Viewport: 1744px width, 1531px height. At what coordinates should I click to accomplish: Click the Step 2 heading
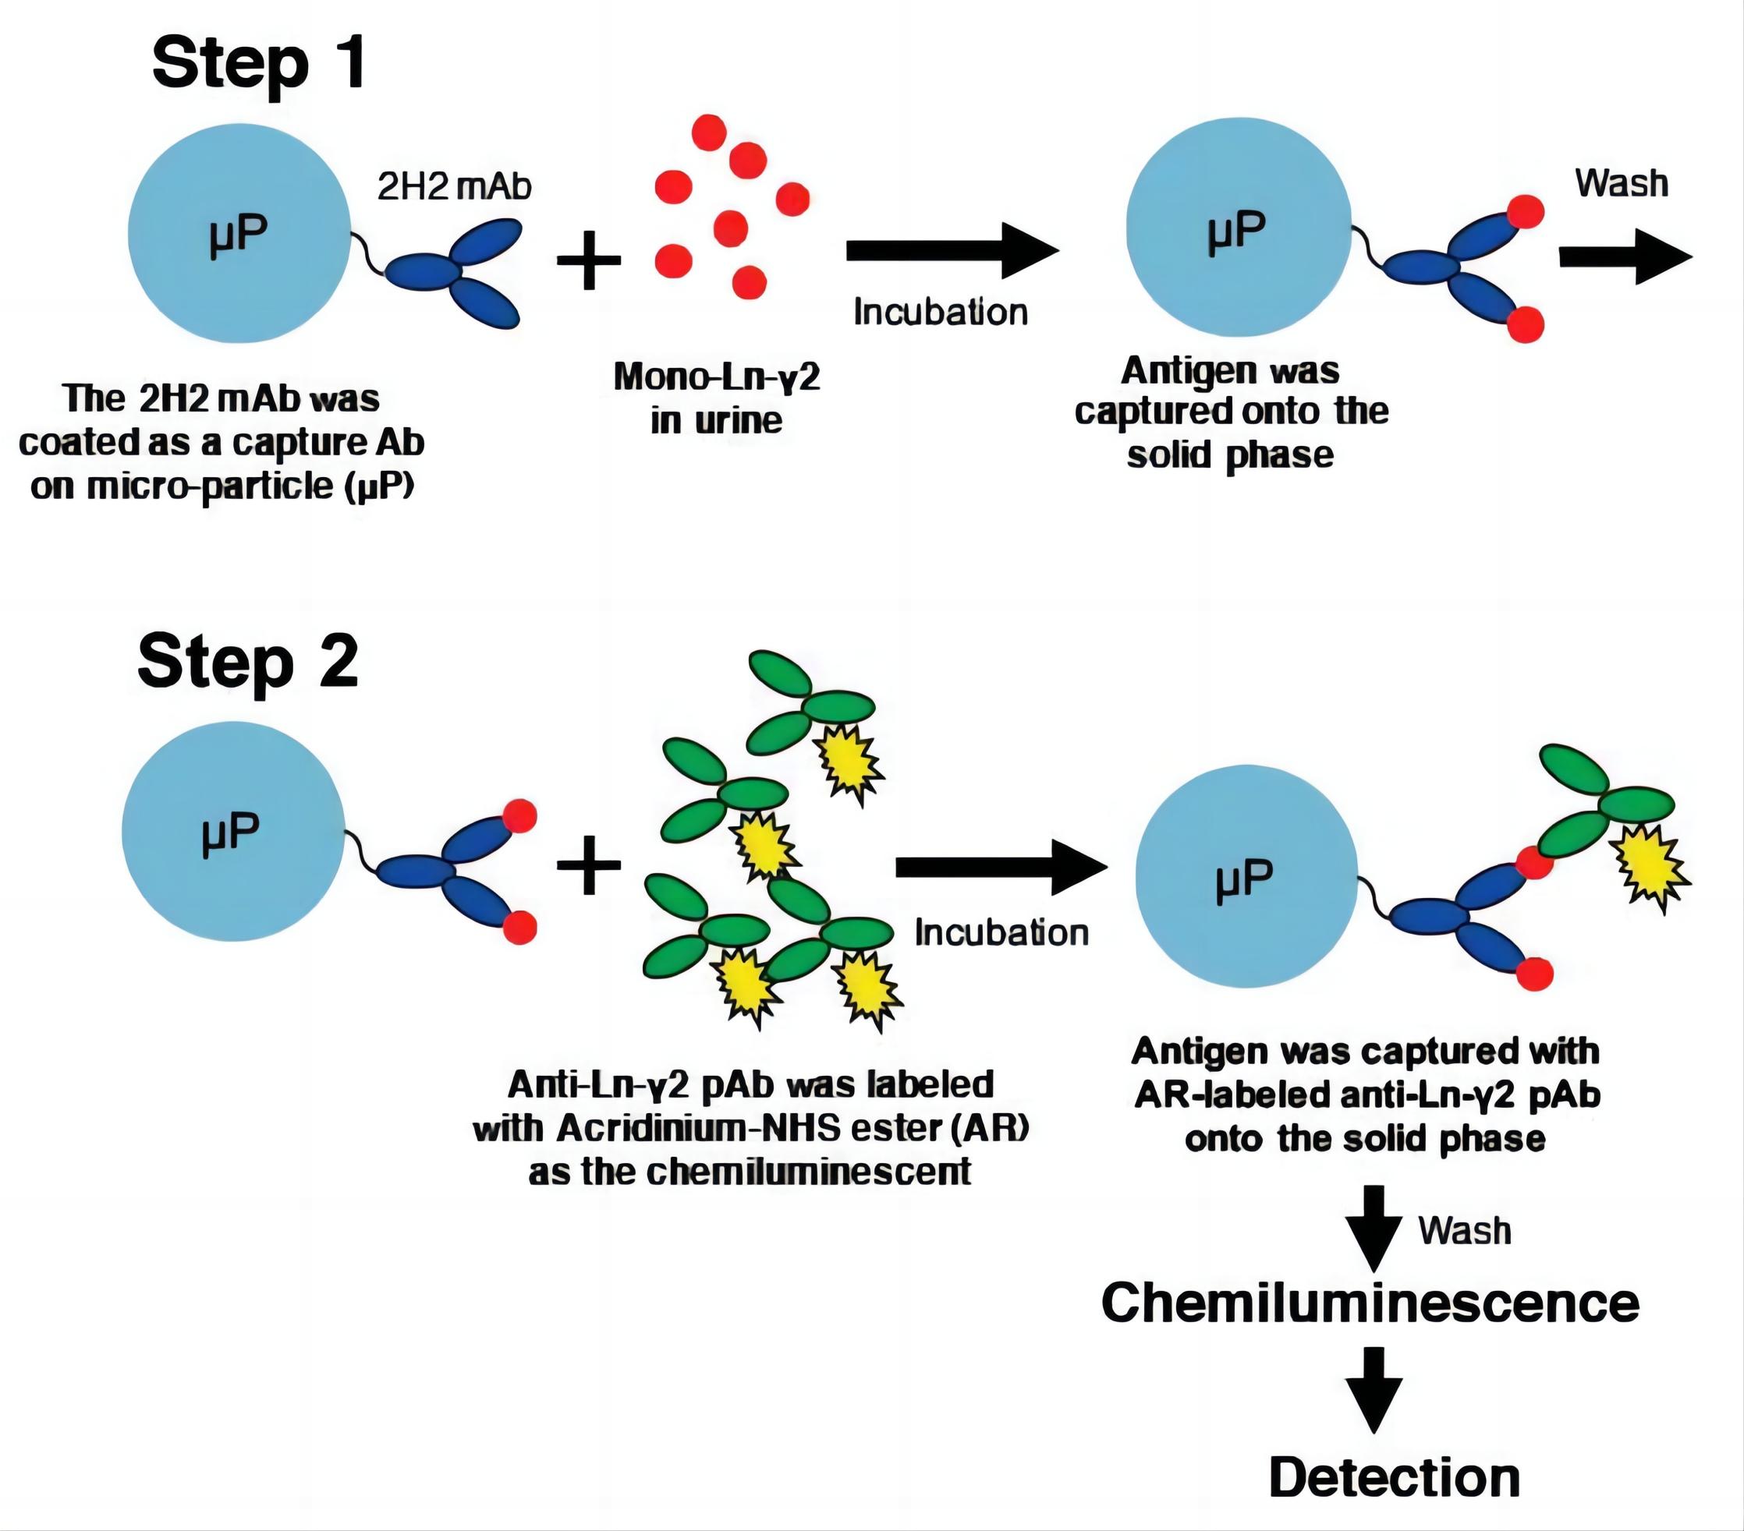247,663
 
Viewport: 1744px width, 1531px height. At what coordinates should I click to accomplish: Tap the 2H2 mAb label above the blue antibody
454,187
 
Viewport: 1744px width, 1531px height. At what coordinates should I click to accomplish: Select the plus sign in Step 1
588,260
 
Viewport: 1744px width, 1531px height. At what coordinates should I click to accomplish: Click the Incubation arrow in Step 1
952,251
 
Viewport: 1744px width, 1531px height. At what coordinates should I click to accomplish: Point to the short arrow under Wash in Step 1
1625,256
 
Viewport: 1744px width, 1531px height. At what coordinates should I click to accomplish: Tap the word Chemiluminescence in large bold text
1370,1303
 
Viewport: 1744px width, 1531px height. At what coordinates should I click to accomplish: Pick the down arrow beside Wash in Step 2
1374,1229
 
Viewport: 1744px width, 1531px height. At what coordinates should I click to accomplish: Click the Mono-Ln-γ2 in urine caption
717,398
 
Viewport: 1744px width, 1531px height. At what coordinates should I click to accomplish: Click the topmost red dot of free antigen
708,133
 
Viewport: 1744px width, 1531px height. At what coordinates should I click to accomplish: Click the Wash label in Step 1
1621,183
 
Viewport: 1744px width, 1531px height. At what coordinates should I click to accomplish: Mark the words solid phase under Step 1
1229,455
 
